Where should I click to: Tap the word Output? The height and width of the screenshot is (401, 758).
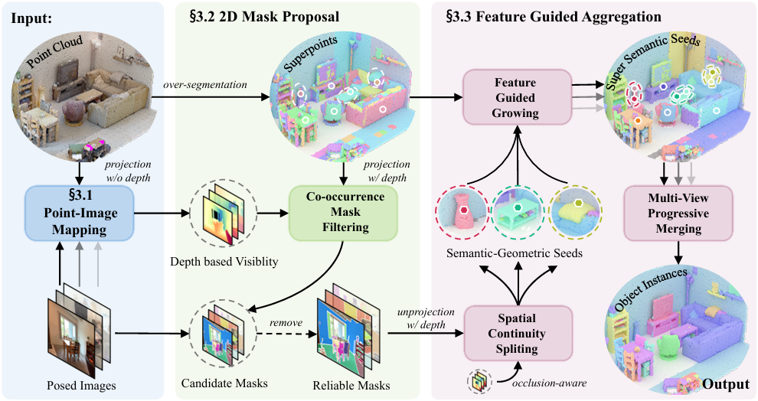coord(724,384)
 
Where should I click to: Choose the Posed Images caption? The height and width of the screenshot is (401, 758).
coord(81,386)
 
